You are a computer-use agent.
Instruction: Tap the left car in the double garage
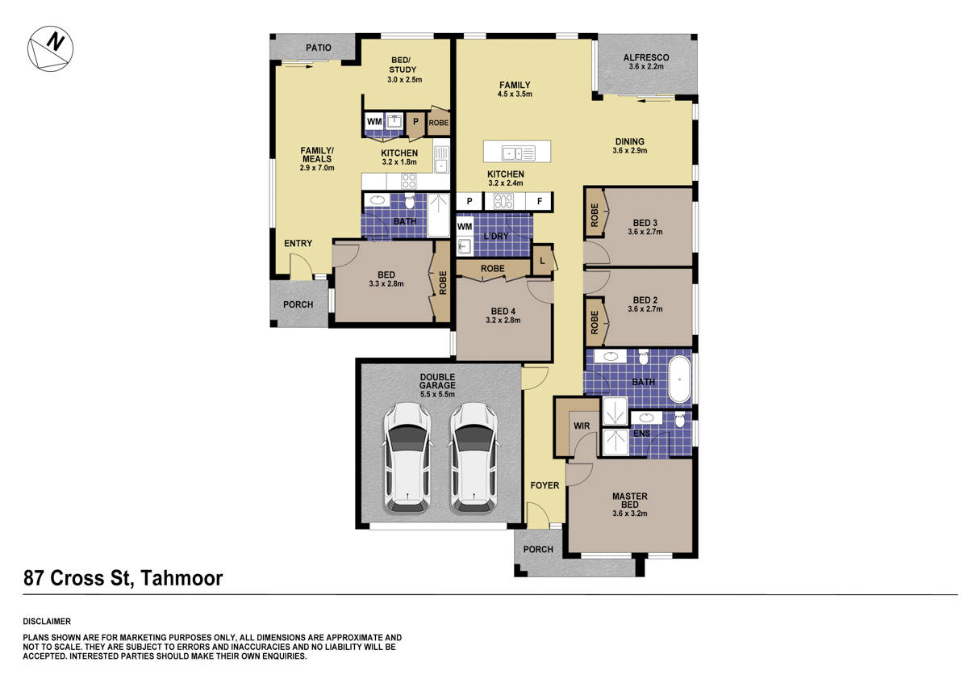tap(406, 458)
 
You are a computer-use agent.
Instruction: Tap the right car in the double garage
tap(473, 458)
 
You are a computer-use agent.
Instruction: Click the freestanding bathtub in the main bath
tap(681, 379)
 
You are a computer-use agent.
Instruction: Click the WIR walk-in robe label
tap(582, 425)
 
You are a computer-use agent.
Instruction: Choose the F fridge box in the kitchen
tap(540, 201)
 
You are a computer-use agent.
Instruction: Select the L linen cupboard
tap(542, 261)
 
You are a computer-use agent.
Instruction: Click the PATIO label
tap(319, 48)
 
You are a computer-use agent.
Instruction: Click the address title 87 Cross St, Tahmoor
tap(123, 578)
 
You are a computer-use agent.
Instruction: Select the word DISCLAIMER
tap(48, 622)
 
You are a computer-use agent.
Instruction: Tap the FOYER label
tap(544, 486)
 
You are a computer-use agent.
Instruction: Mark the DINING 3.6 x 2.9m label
tap(630, 146)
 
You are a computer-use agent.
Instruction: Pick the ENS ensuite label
tap(642, 434)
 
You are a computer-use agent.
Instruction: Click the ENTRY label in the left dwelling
tap(298, 243)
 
